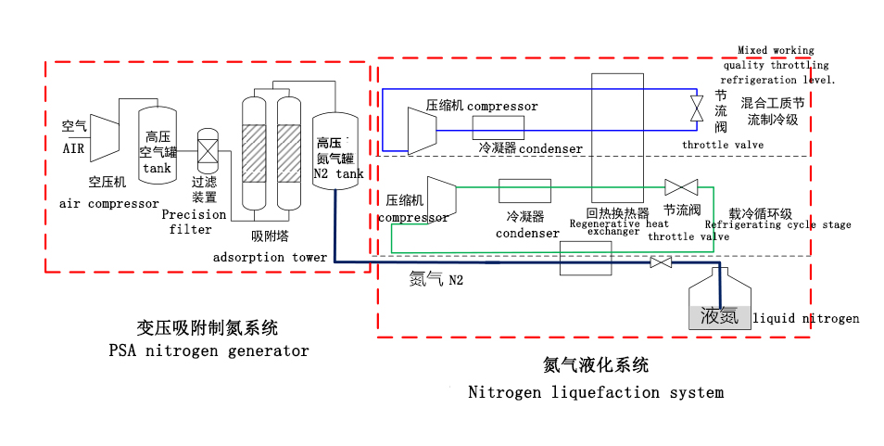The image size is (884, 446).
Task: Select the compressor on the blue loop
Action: click(x=422, y=129)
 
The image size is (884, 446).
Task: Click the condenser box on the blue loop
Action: click(x=498, y=128)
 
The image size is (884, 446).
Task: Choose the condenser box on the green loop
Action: click(x=524, y=191)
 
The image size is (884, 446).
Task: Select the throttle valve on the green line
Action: click(x=680, y=185)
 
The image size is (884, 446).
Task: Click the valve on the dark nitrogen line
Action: click(x=661, y=263)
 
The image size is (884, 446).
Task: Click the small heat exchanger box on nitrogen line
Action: click(x=586, y=259)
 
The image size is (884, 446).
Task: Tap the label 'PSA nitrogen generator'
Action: click(x=208, y=351)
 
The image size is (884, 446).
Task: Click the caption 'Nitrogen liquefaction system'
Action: click(x=595, y=392)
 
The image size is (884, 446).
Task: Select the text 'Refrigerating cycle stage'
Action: click(x=777, y=224)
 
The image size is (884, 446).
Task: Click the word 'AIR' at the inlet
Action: click(x=73, y=148)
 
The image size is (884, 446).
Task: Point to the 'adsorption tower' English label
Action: click(x=270, y=257)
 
